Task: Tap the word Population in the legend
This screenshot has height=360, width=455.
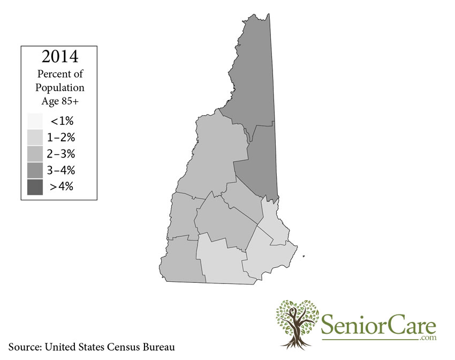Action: point(60,87)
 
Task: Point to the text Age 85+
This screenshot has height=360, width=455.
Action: point(60,100)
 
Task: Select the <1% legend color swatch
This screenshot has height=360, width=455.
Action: point(35,122)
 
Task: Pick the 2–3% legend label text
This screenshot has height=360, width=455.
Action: point(62,154)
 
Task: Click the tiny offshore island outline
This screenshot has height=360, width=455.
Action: point(304,256)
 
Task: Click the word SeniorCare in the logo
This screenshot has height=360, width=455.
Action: point(378,325)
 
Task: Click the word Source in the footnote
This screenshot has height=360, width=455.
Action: point(25,347)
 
